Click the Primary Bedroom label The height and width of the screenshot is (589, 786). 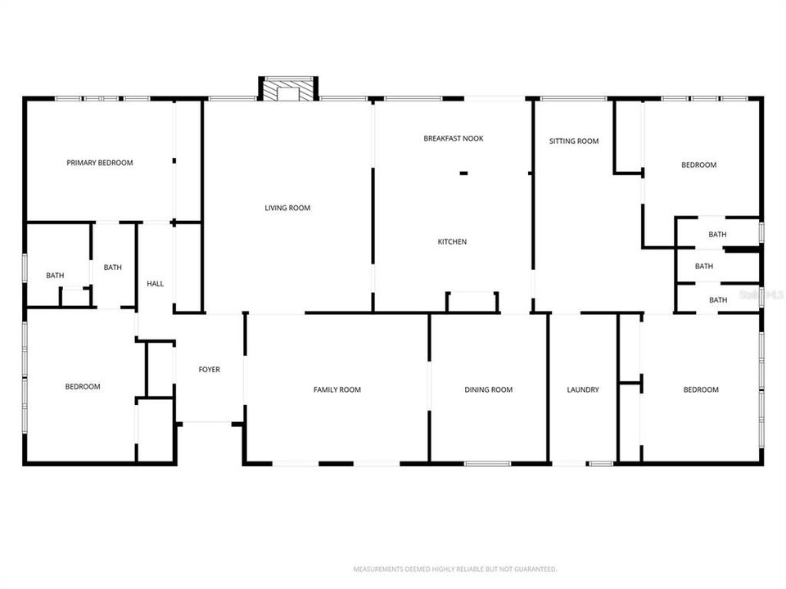99,163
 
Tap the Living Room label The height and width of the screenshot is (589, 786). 287,208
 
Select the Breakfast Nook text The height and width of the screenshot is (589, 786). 453,138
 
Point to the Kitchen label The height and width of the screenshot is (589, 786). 452,241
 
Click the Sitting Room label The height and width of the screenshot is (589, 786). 573,142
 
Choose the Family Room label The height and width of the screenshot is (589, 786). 337,389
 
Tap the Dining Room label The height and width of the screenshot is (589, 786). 488,389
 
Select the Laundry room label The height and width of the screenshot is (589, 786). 583,389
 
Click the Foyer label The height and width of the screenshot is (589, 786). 209,370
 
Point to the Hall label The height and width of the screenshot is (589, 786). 155,284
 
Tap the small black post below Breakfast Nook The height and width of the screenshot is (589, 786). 463,173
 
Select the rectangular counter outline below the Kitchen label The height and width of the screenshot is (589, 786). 472,302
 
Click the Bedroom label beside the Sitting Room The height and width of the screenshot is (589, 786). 698,165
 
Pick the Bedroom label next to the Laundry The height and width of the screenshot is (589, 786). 701,389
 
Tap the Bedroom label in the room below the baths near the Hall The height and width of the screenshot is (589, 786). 83,386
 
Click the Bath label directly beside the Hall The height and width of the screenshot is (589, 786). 112,267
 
